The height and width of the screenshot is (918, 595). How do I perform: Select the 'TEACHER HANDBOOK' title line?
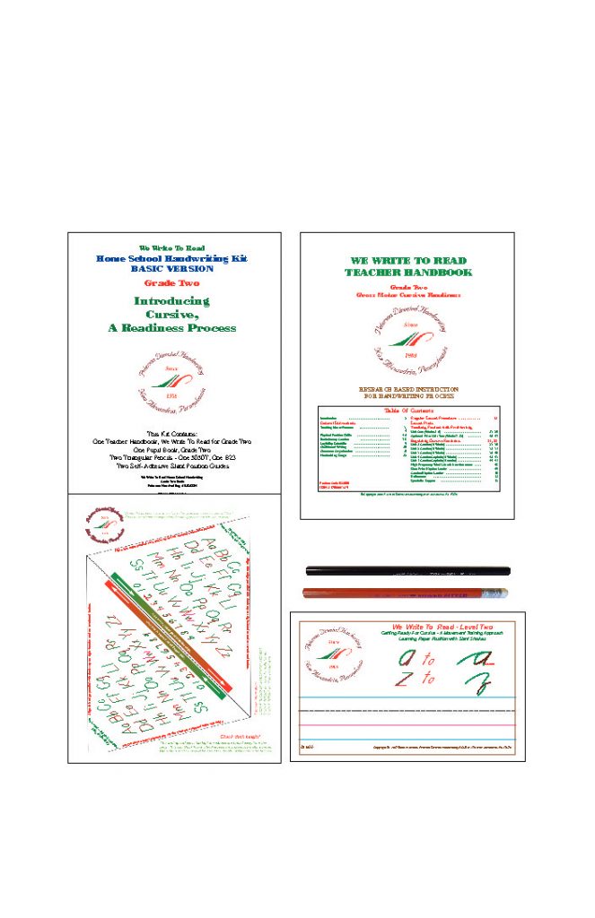tap(407, 272)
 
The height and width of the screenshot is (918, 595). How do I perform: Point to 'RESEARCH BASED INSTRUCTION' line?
tap(407, 388)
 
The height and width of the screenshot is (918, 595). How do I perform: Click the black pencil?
tap(407, 570)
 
